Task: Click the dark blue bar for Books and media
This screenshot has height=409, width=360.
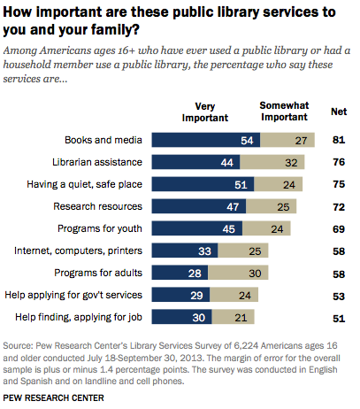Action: (x=206, y=140)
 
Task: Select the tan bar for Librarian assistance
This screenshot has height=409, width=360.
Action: (x=272, y=162)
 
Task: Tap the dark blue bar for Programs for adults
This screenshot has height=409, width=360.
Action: (x=180, y=273)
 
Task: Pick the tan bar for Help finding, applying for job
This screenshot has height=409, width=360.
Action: (x=233, y=317)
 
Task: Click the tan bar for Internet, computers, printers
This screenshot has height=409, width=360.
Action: (x=243, y=251)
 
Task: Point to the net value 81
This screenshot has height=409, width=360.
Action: (x=339, y=140)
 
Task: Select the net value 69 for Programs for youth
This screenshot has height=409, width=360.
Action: (x=339, y=229)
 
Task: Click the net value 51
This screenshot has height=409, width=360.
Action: (x=339, y=319)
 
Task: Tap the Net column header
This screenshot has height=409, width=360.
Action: (x=339, y=112)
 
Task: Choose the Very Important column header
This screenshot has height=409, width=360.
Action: (x=205, y=112)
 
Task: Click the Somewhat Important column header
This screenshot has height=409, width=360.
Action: (x=284, y=112)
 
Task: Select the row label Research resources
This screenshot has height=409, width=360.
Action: (x=97, y=206)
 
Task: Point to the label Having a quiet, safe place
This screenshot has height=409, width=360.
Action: (x=85, y=184)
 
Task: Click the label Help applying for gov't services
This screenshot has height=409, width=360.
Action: (x=73, y=295)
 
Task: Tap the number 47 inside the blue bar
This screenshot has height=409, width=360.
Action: (x=233, y=207)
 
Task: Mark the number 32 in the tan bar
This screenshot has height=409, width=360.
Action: (x=291, y=163)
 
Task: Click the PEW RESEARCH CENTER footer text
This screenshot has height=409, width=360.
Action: (x=53, y=397)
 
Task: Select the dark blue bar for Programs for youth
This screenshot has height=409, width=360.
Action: (x=197, y=228)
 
